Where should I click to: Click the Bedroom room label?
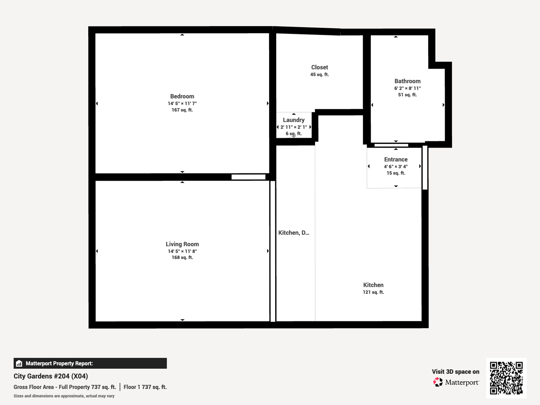182,96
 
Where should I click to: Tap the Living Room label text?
182,244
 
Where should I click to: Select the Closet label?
319,67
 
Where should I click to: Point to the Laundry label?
294,120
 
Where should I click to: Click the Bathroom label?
408,81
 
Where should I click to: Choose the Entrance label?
396,159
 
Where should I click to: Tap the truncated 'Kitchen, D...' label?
294,233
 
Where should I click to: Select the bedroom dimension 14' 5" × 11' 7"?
182,103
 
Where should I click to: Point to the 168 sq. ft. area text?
182,258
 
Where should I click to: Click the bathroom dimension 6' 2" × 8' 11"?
408,88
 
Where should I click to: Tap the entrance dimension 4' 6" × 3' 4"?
396,166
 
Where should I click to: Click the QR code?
506,378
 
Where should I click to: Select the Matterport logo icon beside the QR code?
438,382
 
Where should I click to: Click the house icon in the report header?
19,363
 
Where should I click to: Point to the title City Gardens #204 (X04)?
51,376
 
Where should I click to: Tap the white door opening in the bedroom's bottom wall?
248,177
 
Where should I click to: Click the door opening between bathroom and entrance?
391,145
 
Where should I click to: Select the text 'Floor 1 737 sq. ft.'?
145,387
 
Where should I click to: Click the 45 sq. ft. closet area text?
319,75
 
